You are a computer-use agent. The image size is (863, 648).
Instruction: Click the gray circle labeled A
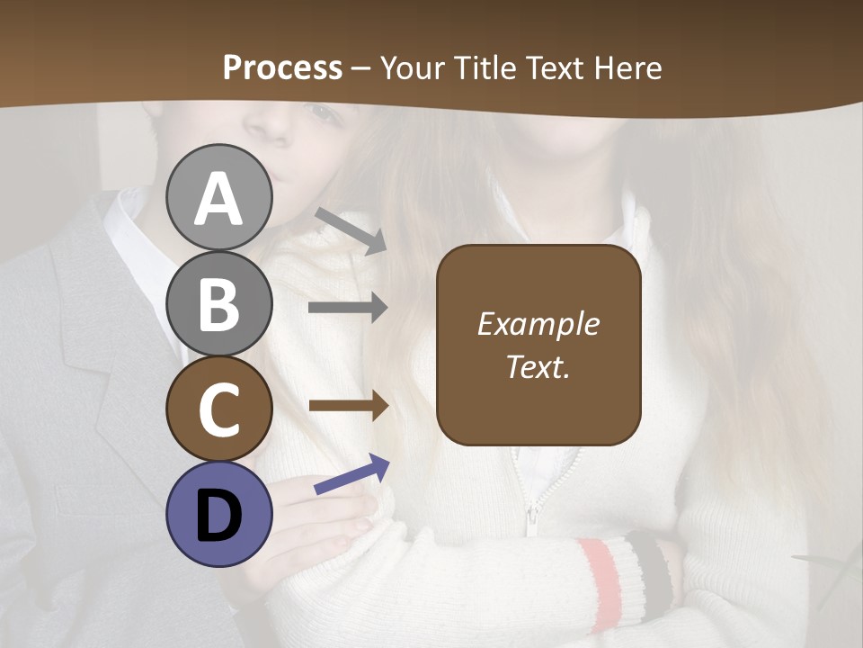click(219, 197)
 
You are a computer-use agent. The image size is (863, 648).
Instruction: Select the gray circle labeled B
click(219, 303)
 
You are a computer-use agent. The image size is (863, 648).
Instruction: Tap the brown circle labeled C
click(219, 409)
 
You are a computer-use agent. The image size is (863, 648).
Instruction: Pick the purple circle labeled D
click(219, 514)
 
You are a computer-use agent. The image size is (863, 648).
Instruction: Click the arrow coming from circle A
click(351, 230)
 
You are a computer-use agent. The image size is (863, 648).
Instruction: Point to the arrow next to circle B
click(348, 308)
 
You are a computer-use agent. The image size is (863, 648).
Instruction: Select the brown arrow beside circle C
click(348, 405)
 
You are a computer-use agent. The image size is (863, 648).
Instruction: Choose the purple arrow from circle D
click(351, 474)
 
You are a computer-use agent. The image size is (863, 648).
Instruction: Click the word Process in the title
click(282, 67)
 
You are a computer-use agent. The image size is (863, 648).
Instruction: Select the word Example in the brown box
click(538, 324)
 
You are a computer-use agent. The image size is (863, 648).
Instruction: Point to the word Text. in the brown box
click(538, 367)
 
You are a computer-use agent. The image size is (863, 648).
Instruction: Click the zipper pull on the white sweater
click(532, 517)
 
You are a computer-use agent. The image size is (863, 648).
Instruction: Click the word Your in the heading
click(414, 67)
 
